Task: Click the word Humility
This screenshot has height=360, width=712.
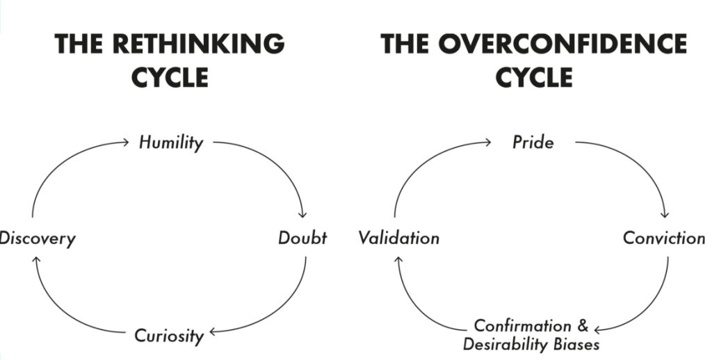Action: tap(170, 142)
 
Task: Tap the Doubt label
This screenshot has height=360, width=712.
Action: tap(302, 238)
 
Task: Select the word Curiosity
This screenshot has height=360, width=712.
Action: tap(169, 336)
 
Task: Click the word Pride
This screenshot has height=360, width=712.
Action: tap(533, 142)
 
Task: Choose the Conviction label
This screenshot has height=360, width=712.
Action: tap(663, 238)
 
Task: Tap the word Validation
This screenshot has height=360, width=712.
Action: tap(399, 238)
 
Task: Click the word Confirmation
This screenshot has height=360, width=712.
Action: tap(522, 325)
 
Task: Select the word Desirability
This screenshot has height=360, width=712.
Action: tap(506, 343)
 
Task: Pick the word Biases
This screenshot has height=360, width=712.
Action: tap(576, 343)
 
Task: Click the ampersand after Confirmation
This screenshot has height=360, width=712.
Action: tap(583, 325)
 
